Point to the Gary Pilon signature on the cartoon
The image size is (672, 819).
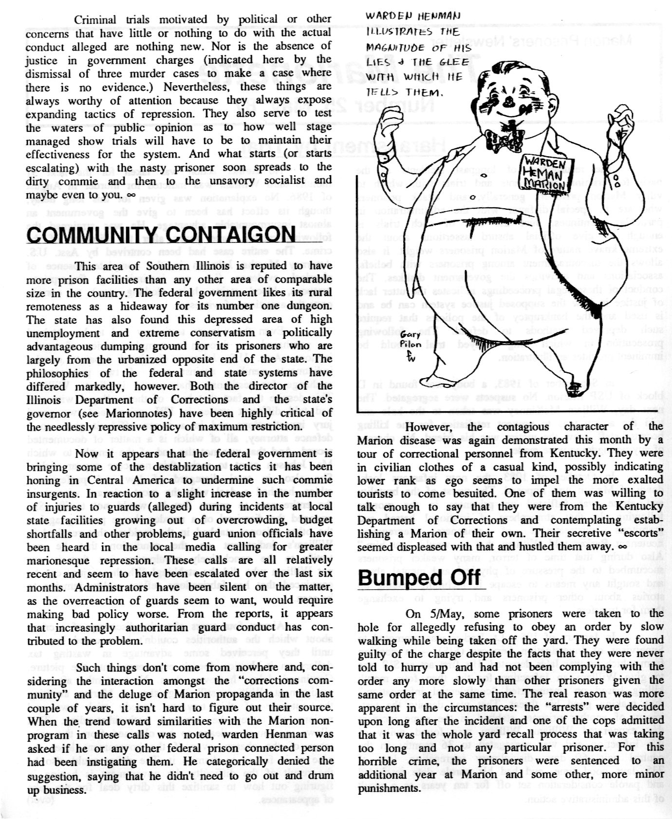410,345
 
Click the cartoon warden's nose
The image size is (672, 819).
508,101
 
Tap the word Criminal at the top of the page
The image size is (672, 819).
94,19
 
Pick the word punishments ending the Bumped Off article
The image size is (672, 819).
389,787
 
